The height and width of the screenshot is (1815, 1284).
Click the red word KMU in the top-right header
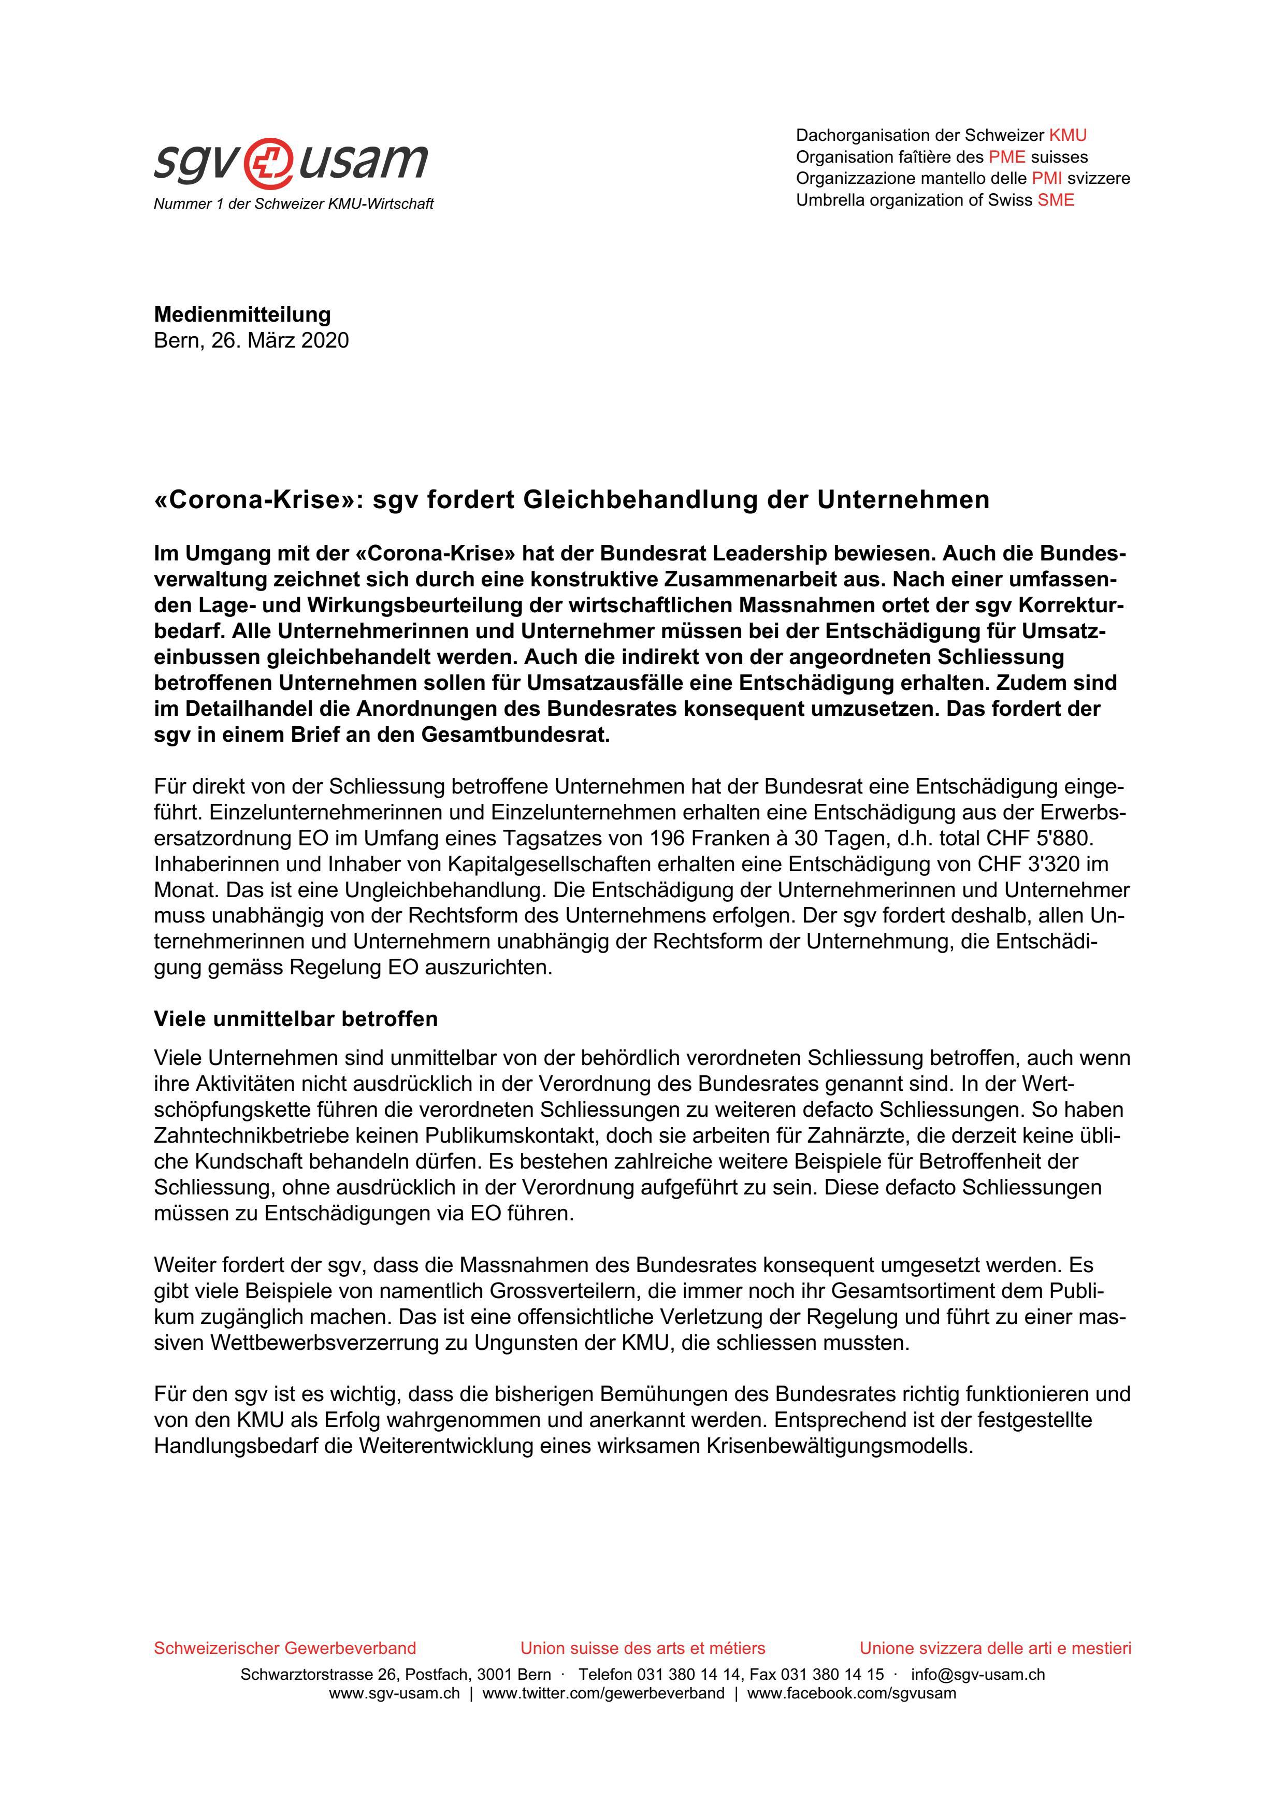click(1067, 135)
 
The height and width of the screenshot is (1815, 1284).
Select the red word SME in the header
click(1056, 200)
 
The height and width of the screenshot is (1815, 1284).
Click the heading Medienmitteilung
click(242, 314)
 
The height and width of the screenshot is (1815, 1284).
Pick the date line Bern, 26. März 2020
click(251, 341)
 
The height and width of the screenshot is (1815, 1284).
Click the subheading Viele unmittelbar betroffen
click(296, 1019)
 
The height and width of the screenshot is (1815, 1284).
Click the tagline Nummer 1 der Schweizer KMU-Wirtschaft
click(293, 204)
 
